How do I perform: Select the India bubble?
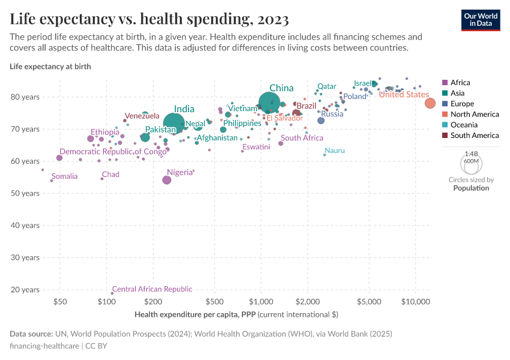tap(173, 123)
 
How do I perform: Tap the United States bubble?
tap(430, 103)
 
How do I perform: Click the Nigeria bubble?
tap(167, 180)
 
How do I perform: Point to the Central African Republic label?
tap(152, 289)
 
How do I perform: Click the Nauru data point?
tap(325, 155)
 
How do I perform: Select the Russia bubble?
tap(321, 121)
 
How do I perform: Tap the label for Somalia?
tap(65, 176)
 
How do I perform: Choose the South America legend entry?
tap(474, 136)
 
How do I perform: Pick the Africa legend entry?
tap(460, 83)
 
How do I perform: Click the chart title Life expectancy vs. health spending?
tap(149, 19)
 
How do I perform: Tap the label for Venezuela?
tap(142, 116)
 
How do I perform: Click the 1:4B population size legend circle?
tap(471, 164)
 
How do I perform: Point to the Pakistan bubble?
tap(145, 137)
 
